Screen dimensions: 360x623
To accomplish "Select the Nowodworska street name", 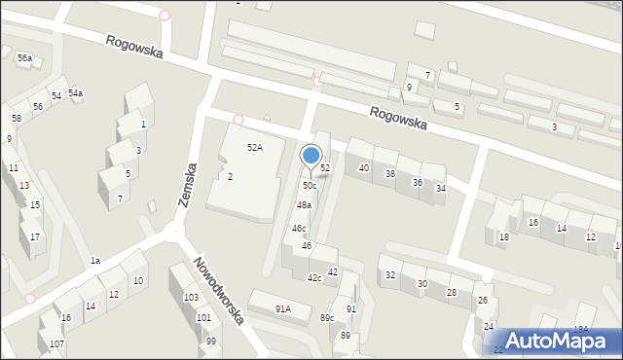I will pyautogui.click(x=217, y=291).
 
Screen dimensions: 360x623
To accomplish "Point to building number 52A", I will pyautogui.click(x=254, y=147).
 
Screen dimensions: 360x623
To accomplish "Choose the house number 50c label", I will pyautogui.click(x=309, y=186).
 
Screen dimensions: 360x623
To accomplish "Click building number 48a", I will pyautogui.click(x=304, y=205).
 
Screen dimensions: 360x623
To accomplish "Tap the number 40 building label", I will pyautogui.click(x=364, y=168).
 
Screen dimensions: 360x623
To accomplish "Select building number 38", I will pyautogui.click(x=389, y=174).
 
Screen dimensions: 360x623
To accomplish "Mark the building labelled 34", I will pyautogui.click(x=440, y=189).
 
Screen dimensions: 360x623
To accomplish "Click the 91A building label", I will pyautogui.click(x=282, y=309).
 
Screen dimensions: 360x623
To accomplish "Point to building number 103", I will pyautogui.click(x=191, y=297).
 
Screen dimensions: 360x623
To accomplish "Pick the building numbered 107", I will pyautogui.click(x=56, y=344).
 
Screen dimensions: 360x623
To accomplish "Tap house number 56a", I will pyautogui.click(x=24, y=58).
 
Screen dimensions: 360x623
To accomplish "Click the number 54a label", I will pyautogui.click(x=75, y=93).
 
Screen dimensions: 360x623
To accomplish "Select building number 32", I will pyautogui.click(x=389, y=275).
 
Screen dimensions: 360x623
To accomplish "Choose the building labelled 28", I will pyautogui.click(x=452, y=292).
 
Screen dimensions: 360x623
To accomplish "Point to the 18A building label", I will pyautogui.click(x=581, y=330).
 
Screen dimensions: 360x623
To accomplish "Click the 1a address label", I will pyautogui.click(x=94, y=261).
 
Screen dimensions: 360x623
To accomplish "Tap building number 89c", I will pyautogui.click(x=327, y=318).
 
